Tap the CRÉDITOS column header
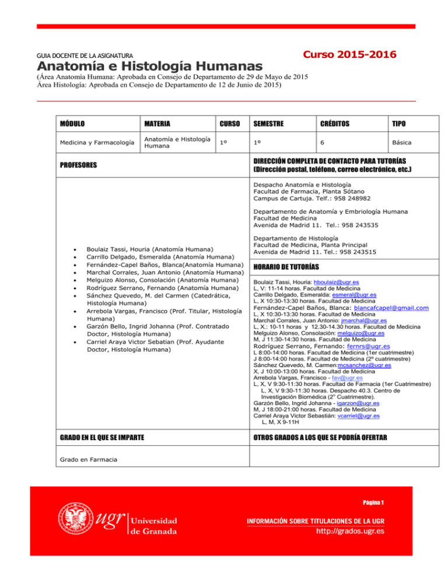pos(334,124)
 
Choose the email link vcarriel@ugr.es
pos(358,416)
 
